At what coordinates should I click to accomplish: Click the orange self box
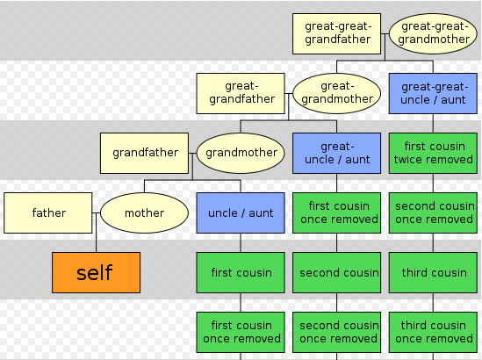97,272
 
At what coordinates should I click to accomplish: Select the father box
48,212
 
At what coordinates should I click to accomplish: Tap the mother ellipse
145,212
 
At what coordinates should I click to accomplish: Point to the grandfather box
145,153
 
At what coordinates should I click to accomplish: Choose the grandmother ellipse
241,153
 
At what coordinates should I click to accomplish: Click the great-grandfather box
241,93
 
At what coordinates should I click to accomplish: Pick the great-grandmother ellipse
337,93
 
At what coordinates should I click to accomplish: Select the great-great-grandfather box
337,34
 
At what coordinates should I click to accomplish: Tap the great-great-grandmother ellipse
433,34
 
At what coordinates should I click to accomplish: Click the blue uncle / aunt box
241,212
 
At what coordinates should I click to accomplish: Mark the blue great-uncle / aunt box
337,153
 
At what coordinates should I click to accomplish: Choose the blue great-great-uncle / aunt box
433,93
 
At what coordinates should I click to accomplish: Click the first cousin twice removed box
433,153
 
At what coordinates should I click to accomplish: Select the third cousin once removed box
433,332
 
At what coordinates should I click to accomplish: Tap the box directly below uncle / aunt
241,272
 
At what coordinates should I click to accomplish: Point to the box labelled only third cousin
433,272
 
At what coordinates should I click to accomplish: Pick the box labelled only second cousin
337,272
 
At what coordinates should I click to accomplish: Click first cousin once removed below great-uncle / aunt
337,212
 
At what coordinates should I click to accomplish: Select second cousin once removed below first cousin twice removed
433,212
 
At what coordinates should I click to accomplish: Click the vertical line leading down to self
97,233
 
